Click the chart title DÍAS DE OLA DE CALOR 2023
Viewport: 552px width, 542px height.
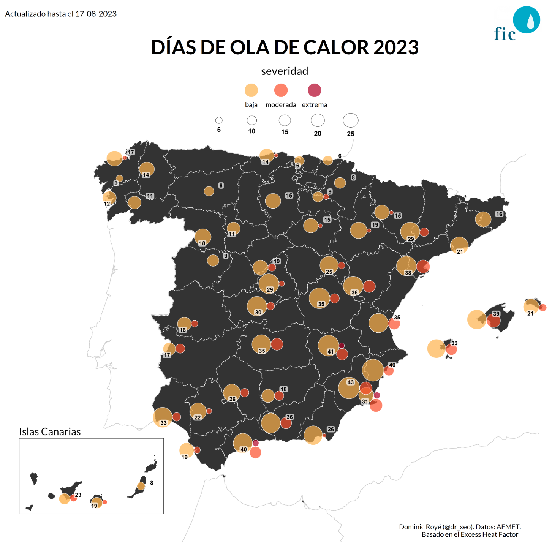[285, 47]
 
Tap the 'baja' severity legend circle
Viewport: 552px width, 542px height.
[251, 90]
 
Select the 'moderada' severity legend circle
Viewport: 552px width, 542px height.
[281, 90]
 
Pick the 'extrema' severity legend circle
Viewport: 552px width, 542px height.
[314, 90]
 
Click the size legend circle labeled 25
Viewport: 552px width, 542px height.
[350, 120]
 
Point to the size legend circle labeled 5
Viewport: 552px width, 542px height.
[219, 120]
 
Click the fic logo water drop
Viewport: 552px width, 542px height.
[530, 21]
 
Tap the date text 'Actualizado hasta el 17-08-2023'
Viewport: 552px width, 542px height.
[61, 14]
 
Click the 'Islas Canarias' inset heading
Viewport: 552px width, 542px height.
[50, 432]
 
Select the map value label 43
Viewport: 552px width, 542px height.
[350, 382]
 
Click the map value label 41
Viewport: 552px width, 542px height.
[331, 352]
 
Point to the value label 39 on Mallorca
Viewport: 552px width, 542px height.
[496, 314]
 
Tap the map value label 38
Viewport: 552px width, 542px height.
[408, 273]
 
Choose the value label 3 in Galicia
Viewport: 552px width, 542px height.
[116, 183]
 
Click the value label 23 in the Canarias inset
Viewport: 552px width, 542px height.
[78, 495]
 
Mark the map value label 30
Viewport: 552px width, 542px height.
[258, 313]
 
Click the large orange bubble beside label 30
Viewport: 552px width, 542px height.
[257, 306]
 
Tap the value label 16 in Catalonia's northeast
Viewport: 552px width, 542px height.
[499, 214]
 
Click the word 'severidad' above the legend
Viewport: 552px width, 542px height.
[285, 71]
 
